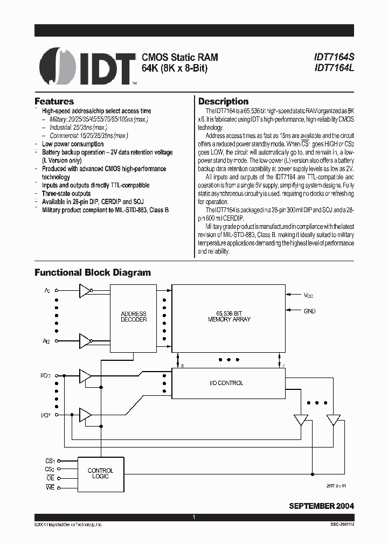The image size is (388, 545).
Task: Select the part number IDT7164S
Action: (335, 57)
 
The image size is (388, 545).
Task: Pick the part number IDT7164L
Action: (335, 68)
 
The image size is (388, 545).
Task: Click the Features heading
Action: (54, 101)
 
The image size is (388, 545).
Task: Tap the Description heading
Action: (223, 101)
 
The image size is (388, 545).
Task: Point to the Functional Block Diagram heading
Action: (93, 272)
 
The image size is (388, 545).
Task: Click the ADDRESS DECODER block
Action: (134, 317)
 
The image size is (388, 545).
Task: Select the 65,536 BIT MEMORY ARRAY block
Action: (229, 317)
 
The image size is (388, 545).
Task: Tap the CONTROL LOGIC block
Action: (100, 473)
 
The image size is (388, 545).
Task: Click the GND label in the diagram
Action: (310, 311)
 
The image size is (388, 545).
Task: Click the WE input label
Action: (50, 487)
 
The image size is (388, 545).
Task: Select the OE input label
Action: (50, 478)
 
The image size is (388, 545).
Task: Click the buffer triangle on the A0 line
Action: (85, 291)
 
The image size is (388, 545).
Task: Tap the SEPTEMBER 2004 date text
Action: (321, 506)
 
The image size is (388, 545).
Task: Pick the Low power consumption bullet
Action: (73, 144)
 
